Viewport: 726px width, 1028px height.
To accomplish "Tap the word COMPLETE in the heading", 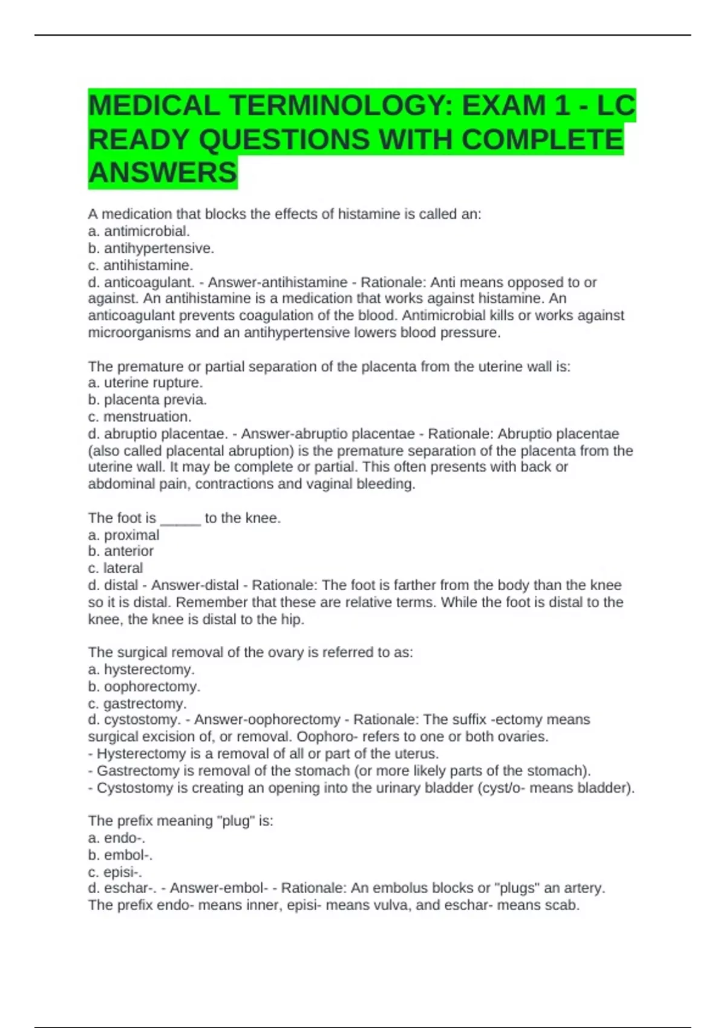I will (x=542, y=140).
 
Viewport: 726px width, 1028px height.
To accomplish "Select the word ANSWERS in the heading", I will (x=163, y=173).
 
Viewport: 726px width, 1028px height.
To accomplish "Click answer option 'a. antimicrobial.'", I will (x=139, y=231).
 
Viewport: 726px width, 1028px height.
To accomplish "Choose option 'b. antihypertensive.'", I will (x=151, y=248).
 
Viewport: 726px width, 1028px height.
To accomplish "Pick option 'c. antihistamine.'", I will (x=141, y=265).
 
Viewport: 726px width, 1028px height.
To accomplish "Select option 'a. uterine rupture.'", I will (x=145, y=383).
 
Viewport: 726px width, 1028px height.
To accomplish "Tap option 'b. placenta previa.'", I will (x=148, y=400).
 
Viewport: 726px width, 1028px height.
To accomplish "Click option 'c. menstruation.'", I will (x=140, y=417).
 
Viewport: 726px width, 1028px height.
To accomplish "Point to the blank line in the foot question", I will (x=180, y=518).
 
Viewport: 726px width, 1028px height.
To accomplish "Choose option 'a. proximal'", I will (x=124, y=535).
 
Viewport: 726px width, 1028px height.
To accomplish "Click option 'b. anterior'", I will (x=121, y=551).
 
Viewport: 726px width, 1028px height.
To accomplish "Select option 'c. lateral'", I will (x=116, y=568).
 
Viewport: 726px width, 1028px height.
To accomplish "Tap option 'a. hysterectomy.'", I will (x=142, y=669).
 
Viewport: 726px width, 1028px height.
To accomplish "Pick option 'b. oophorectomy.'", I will (x=145, y=686).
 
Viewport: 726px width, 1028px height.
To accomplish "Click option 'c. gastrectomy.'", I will (x=137, y=703).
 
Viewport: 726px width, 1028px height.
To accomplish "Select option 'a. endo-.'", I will (x=117, y=838).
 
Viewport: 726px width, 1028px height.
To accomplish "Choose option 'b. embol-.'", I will (x=120, y=855).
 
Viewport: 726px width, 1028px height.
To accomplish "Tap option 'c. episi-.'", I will (x=116, y=872).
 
